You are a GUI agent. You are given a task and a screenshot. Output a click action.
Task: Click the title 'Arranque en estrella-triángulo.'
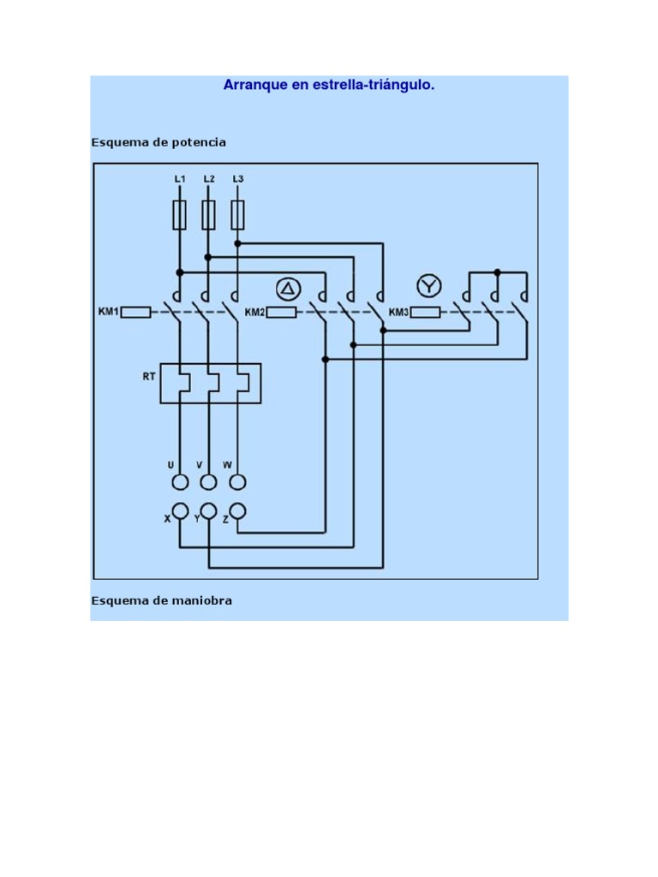(329, 85)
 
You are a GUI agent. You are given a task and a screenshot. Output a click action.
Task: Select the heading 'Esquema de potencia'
(159, 142)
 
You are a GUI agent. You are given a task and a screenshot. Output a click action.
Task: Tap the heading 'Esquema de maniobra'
(161, 600)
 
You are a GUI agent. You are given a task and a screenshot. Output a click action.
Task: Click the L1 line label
(180, 179)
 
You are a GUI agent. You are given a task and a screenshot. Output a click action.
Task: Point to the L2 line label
(209, 179)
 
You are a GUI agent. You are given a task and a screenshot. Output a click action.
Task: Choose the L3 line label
(238, 179)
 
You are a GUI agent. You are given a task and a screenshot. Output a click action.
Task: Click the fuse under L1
(180, 215)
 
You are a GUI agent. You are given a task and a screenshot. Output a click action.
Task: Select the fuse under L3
(238, 215)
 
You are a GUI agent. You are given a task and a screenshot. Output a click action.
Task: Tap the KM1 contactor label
(109, 312)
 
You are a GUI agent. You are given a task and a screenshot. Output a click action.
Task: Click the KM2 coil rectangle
(281, 313)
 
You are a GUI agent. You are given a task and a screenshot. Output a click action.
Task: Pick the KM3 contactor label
(399, 312)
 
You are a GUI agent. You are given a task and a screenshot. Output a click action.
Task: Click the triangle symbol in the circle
(288, 286)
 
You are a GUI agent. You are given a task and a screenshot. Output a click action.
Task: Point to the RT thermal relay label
(149, 375)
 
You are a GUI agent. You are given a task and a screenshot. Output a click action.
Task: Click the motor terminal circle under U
(180, 481)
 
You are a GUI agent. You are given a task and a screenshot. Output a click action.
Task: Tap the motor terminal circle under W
(238, 481)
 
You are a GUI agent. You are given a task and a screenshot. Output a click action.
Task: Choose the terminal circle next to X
(180, 511)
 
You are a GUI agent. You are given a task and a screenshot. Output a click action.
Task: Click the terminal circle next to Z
(238, 511)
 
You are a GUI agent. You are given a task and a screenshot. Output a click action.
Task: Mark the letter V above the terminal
(200, 465)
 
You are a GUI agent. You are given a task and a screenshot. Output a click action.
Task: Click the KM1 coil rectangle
(136, 313)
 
